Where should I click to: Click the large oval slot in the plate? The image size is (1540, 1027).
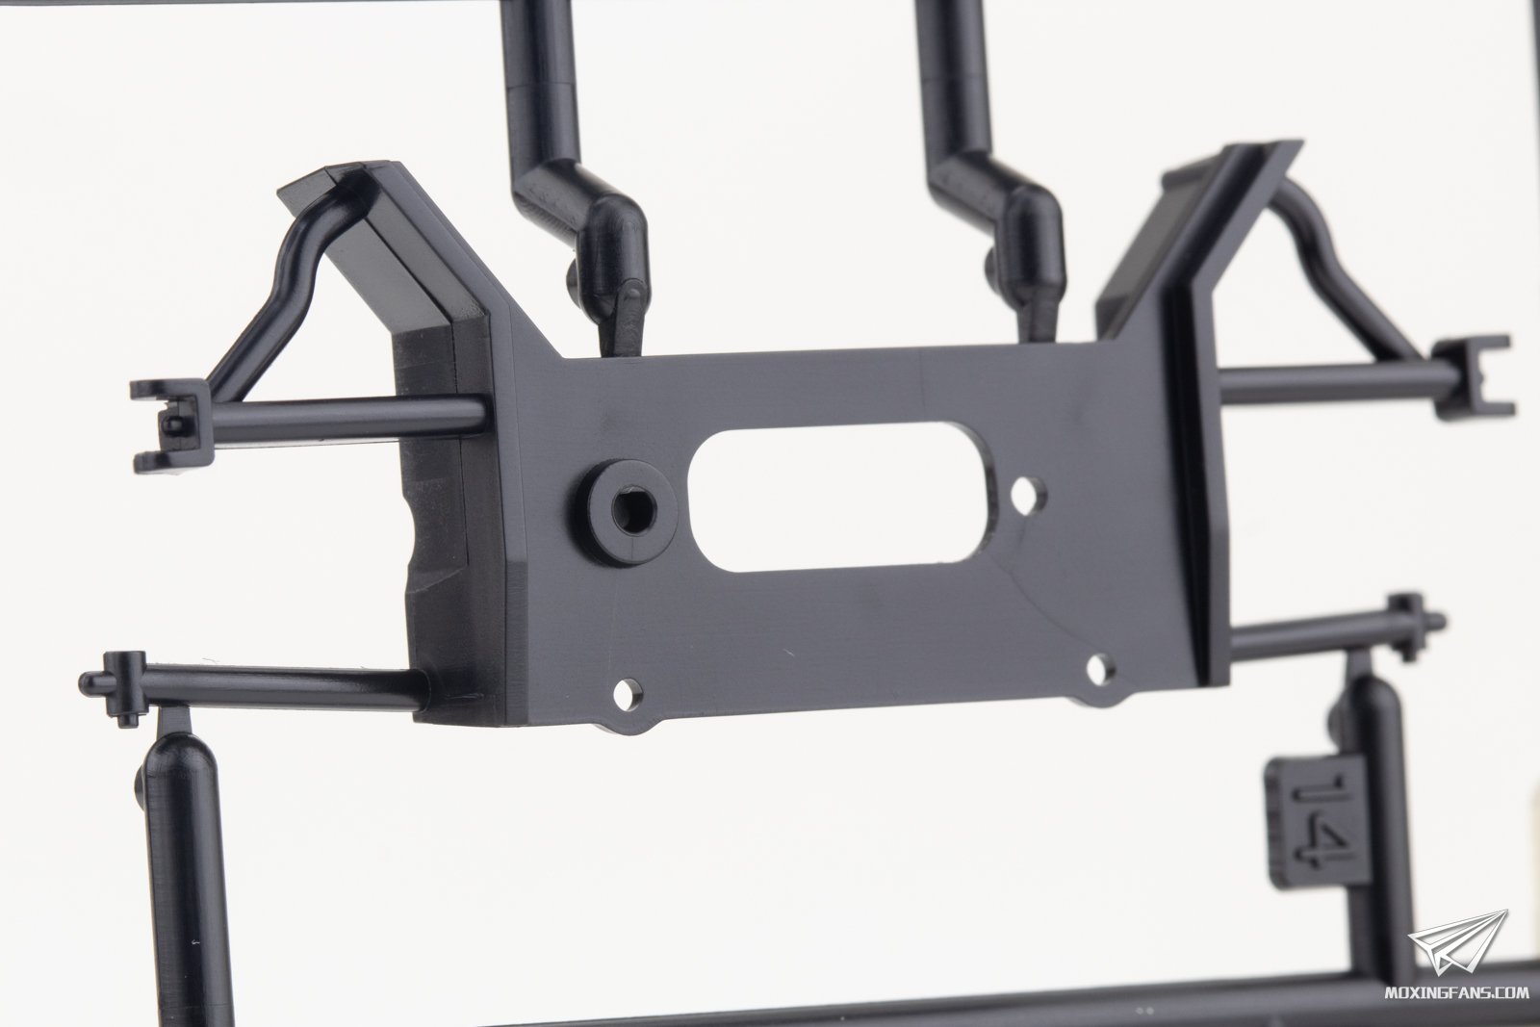tap(841, 501)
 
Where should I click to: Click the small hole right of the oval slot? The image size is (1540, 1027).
tap(1030, 493)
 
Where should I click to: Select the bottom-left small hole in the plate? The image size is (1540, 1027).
tap(629, 694)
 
